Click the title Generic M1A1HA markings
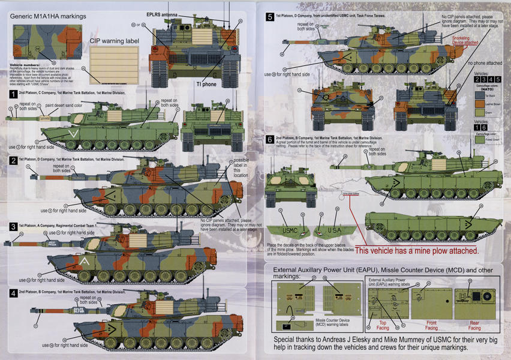[x=48, y=16]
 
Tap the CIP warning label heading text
[x=115, y=40]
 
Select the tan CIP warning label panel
[x=114, y=64]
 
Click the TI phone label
[x=206, y=84]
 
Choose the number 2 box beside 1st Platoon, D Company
[x=13, y=161]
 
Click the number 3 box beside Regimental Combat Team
[x=13, y=227]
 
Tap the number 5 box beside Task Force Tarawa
[x=270, y=17]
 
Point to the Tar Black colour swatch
[x=479, y=95]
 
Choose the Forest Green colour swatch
[x=479, y=140]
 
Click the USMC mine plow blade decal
[x=288, y=230]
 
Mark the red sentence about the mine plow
[x=417, y=251]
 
